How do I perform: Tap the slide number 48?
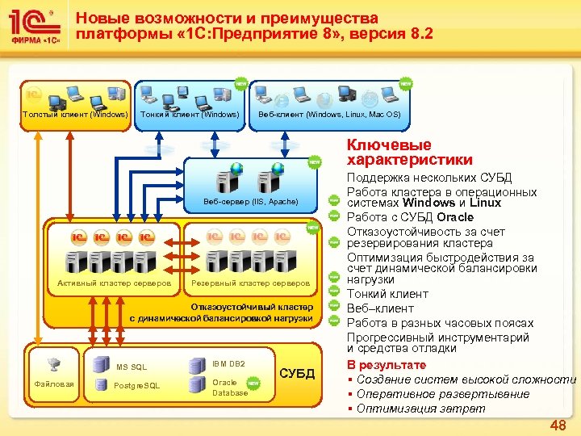(x=558, y=425)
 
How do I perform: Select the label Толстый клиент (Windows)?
(x=75, y=114)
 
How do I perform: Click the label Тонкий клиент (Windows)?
(x=190, y=114)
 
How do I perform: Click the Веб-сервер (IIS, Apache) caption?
(x=251, y=201)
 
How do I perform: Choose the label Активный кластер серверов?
(x=114, y=283)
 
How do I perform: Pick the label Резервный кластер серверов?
(x=250, y=283)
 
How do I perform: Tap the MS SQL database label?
(x=132, y=368)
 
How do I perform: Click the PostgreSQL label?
(x=137, y=385)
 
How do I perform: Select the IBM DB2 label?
(x=228, y=365)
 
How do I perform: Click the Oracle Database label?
(x=230, y=388)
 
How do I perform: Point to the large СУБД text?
(x=296, y=373)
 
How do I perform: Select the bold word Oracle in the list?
(x=455, y=217)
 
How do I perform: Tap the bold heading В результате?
(x=386, y=365)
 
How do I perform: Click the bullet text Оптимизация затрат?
(x=421, y=409)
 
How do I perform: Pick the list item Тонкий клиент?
(x=387, y=294)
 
